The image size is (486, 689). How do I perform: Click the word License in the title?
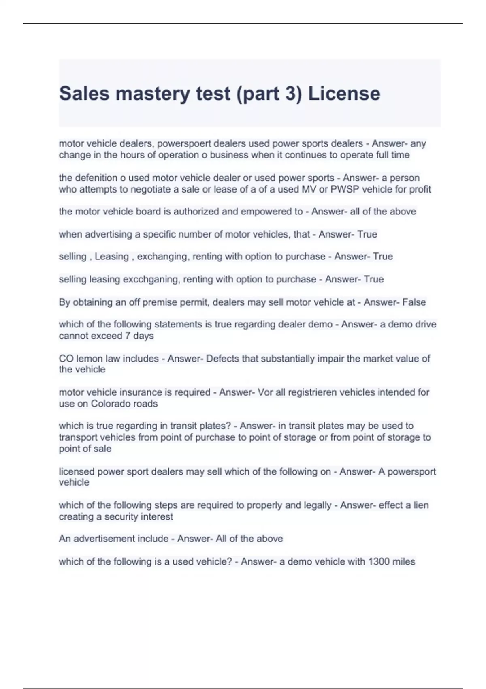(x=344, y=94)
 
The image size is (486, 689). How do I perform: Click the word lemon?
(x=89, y=359)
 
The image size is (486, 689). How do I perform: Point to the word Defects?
(x=222, y=359)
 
